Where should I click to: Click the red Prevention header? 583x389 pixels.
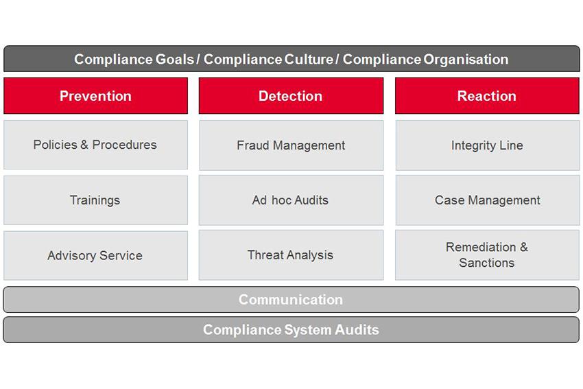[x=95, y=96]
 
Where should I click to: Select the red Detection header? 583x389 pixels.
[x=291, y=96]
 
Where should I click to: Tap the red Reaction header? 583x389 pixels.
[x=487, y=96]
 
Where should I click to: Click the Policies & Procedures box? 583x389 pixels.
[x=95, y=145]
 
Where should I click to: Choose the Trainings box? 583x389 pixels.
[x=95, y=200]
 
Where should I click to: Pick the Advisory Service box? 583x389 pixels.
[x=95, y=255]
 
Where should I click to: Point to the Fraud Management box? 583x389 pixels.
[x=291, y=145]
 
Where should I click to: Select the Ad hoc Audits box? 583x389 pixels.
[x=291, y=200]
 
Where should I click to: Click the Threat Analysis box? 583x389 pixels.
[x=291, y=255]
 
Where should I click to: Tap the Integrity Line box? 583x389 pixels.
[x=487, y=145]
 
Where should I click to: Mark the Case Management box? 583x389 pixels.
[x=487, y=200]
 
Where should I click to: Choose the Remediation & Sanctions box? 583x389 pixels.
[x=487, y=255]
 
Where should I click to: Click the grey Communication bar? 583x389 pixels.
[x=291, y=300]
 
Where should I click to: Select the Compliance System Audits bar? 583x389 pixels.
[x=291, y=330]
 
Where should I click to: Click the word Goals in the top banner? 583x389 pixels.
[x=174, y=60]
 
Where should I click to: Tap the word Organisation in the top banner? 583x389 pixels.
[x=466, y=60]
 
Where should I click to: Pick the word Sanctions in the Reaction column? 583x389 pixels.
[x=487, y=263]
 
